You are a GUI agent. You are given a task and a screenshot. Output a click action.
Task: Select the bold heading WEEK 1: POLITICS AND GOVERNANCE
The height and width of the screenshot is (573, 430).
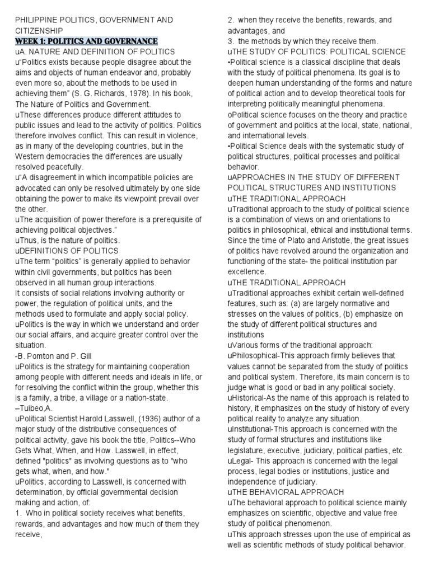coord(86,41)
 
